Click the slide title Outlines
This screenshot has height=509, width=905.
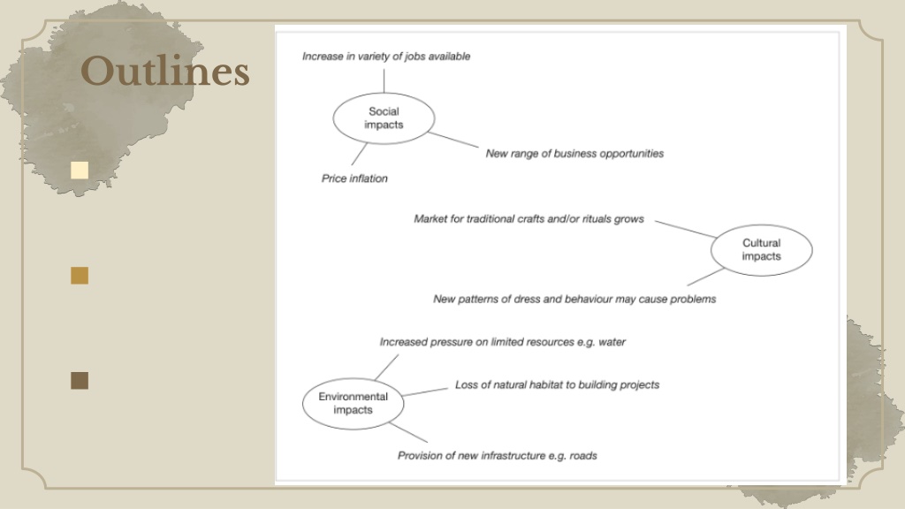point(165,72)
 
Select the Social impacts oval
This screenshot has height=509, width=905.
point(384,118)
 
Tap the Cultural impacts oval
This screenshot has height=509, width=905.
point(761,250)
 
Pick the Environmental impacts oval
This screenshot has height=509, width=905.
point(354,403)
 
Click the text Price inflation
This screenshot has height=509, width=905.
point(354,179)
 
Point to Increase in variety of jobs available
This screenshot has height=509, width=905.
point(386,57)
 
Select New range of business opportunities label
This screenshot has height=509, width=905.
point(574,154)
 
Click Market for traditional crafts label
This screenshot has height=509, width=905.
point(529,219)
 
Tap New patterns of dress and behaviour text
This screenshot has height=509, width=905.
point(574,299)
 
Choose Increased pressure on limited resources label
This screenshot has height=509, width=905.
point(502,342)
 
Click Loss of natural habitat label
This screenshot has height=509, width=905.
point(557,385)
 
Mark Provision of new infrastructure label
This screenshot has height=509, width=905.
point(497,456)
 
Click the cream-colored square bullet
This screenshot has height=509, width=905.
point(80,171)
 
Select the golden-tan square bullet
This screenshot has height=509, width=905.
point(80,276)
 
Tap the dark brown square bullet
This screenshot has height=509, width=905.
point(80,380)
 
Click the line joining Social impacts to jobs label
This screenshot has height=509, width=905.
point(384,80)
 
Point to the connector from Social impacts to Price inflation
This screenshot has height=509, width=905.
point(359,154)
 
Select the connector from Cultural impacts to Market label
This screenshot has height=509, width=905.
point(685,229)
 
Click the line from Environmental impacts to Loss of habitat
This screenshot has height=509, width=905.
point(425,391)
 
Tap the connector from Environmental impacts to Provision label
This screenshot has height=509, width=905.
point(408,432)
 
